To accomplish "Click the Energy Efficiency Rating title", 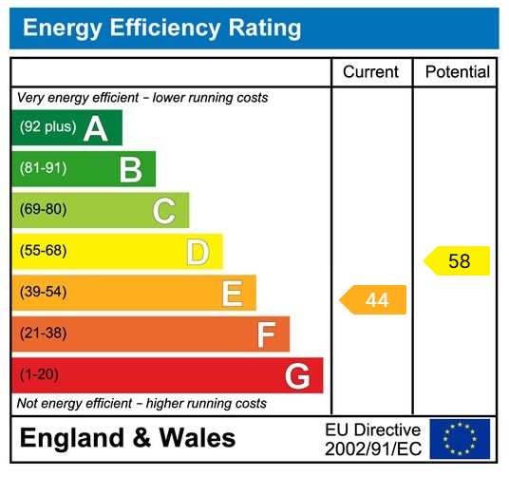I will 161,29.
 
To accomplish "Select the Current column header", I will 371,72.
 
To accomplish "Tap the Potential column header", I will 457,72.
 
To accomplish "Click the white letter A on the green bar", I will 95,128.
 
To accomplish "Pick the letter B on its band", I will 130,170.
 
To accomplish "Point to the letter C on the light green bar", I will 164,211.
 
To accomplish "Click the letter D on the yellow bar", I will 198,253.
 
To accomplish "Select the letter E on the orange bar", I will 232,294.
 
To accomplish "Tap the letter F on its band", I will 266,334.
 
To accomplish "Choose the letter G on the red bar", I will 297,376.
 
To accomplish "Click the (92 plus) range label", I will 47,127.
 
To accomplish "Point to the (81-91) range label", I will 43,169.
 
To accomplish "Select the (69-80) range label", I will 43,210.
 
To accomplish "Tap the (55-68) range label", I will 43,251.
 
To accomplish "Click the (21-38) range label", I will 43,334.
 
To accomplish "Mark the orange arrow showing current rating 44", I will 373,300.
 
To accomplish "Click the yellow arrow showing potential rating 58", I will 457,260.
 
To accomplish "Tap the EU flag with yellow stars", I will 460,439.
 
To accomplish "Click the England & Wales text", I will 127,438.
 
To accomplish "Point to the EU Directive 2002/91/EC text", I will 372,439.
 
